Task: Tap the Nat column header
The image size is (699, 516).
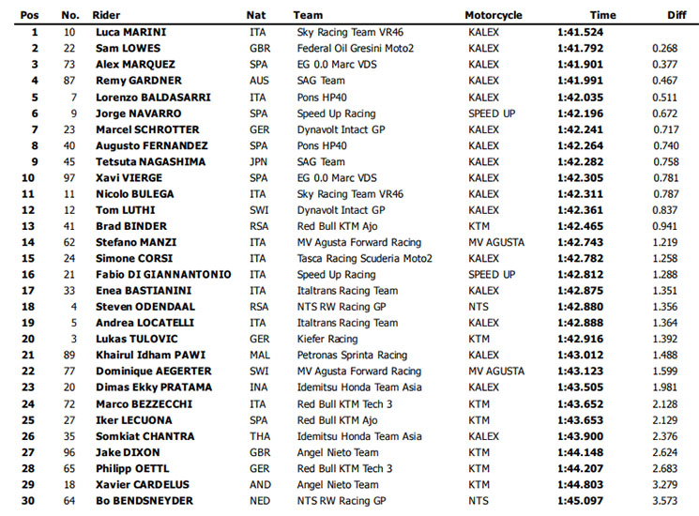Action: (256, 15)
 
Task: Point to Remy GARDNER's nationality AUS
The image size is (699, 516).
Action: (258, 81)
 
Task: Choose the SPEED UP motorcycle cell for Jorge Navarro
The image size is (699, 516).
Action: (492, 113)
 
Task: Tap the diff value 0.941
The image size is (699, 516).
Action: (665, 225)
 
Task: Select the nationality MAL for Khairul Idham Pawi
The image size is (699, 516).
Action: (258, 355)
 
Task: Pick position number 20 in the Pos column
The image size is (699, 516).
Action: (34, 339)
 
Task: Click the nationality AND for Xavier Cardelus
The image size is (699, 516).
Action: (258, 484)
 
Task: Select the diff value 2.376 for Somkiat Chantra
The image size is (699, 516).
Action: (665, 435)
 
